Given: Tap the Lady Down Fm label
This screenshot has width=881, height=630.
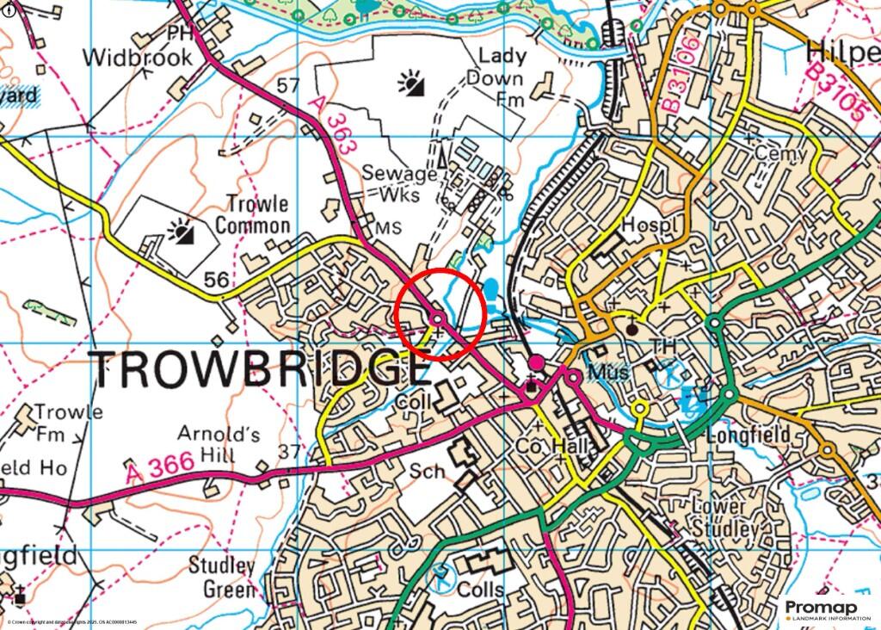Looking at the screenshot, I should (x=502, y=78).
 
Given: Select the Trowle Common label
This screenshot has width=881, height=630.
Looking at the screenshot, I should (x=252, y=214).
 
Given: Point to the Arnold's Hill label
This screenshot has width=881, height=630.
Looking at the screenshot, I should (x=206, y=442).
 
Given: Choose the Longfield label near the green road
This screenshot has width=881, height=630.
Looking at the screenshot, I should (x=747, y=435).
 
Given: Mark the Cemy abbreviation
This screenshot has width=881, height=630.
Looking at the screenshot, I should (x=780, y=154).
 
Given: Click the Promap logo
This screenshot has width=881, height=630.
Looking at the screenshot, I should (x=827, y=610).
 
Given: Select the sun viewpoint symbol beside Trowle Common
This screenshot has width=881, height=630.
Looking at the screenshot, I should (x=181, y=231).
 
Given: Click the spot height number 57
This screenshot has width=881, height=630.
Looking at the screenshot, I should (x=289, y=85).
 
